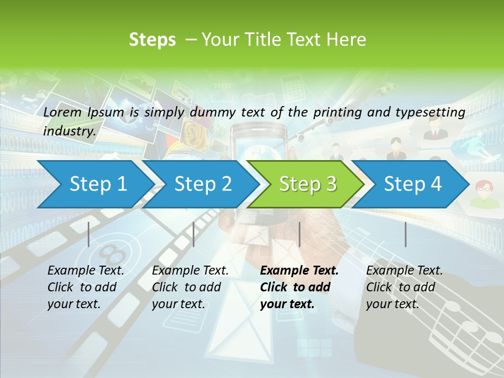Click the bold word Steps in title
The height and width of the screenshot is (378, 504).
point(152,39)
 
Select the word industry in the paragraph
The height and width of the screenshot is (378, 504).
point(69,131)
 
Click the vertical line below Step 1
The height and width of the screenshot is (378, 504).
point(89,234)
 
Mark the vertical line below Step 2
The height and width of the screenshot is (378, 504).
point(194,234)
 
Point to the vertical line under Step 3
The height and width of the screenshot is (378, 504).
point(299,234)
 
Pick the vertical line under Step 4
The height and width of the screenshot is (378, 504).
point(405,234)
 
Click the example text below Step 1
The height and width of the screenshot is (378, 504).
point(86,287)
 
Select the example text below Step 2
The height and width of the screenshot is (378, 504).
point(190,287)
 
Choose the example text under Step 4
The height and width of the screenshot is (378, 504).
point(404,287)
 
